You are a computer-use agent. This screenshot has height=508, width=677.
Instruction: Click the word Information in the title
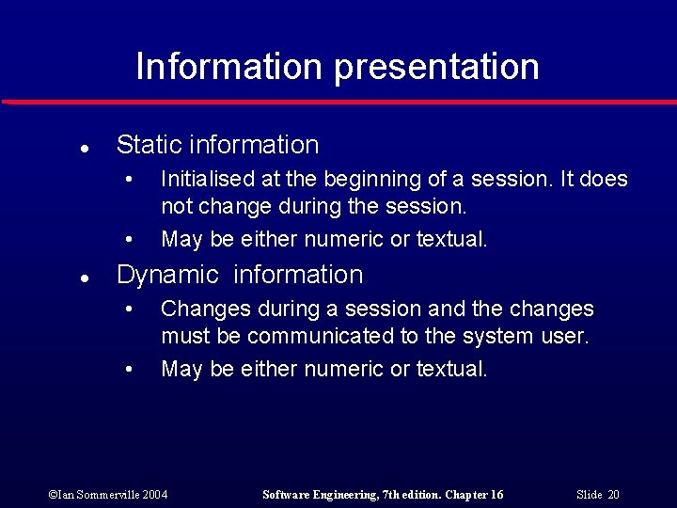[228, 67]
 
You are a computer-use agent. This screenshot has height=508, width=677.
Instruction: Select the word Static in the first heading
[149, 145]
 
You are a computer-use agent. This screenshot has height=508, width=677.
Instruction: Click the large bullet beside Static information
[85, 148]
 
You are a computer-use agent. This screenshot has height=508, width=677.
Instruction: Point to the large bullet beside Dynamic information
[85, 278]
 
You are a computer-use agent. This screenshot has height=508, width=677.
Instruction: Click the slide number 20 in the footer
[613, 495]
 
